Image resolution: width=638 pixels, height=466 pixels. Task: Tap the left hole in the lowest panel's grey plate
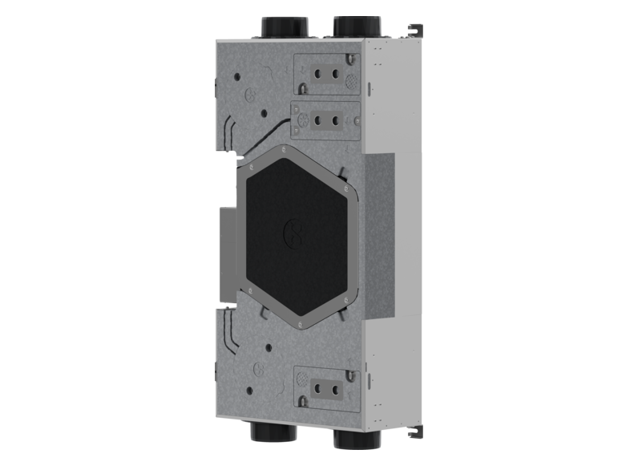tap(317, 388)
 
